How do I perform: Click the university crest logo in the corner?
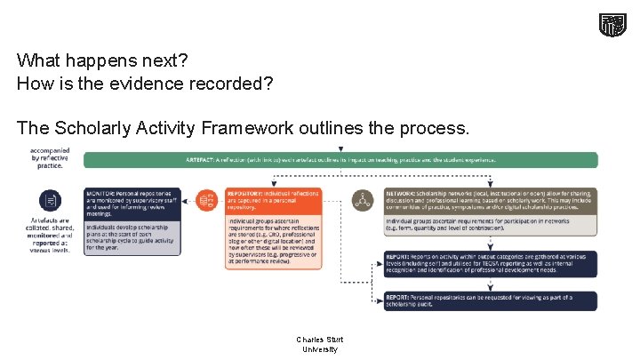coord(611,25)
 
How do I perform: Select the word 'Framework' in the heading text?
coord(249,128)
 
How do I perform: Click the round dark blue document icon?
coord(51,200)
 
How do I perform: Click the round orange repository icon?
coord(206,200)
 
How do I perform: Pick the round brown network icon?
coord(363,200)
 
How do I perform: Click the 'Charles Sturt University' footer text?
coord(320,344)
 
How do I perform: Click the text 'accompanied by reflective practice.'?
coord(51,158)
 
